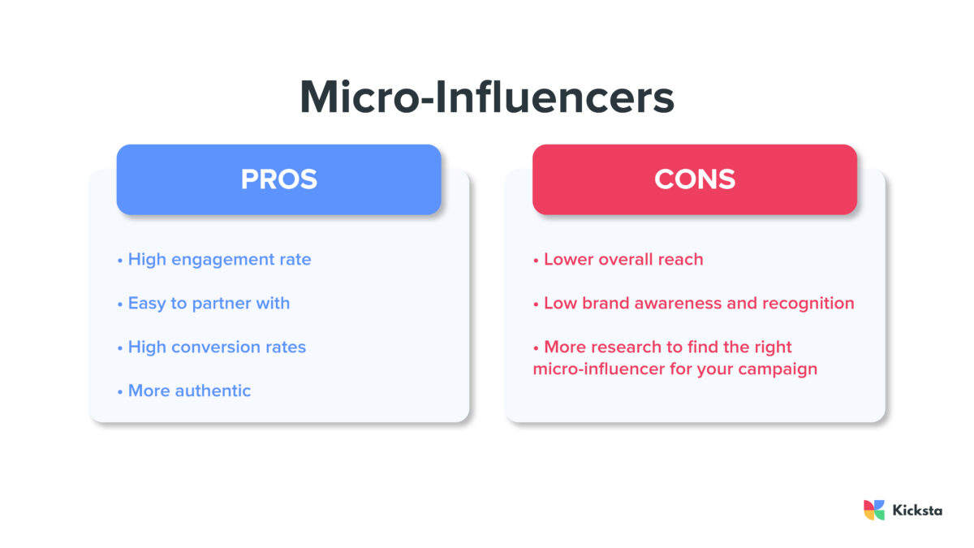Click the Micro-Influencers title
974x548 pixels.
click(487, 97)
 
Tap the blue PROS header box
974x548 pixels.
click(278, 179)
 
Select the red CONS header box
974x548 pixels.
click(694, 179)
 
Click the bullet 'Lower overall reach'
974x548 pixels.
click(618, 260)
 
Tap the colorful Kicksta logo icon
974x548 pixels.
click(874, 510)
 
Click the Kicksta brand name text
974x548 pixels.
click(917, 511)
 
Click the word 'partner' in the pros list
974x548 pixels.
click(223, 304)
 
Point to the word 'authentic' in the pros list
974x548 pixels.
click(213, 391)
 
